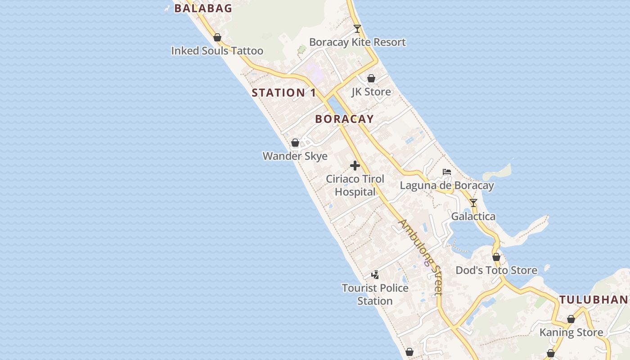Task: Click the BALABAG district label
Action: (203, 8)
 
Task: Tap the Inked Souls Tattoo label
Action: (217, 51)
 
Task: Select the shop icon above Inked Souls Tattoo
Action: (217, 37)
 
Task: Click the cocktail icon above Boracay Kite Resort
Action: (357, 29)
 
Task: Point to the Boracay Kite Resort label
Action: (357, 42)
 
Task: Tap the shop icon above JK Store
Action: (371, 79)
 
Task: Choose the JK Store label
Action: (371, 92)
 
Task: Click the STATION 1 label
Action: (284, 93)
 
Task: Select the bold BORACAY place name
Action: (344, 119)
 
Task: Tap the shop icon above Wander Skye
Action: (295, 143)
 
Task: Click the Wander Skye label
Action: (295, 156)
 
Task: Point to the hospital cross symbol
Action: (355, 166)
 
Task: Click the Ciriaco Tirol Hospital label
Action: (355, 185)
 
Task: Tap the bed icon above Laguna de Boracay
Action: (447, 172)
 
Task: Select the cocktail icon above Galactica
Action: (473, 203)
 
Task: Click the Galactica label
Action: (473, 216)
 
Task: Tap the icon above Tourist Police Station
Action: (375, 274)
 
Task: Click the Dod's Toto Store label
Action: (496, 270)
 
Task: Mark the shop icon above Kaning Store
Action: (571, 319)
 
